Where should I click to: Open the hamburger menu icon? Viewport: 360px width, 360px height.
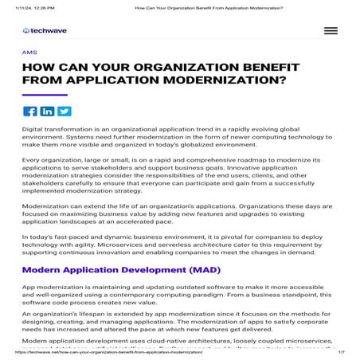pos(331,31)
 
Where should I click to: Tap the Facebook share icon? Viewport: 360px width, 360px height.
pos(30,112)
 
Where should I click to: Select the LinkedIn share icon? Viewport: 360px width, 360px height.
pos(47,112)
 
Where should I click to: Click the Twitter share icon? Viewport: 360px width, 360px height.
pos(64,112)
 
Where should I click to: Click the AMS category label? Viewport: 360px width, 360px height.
pos(29,52)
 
